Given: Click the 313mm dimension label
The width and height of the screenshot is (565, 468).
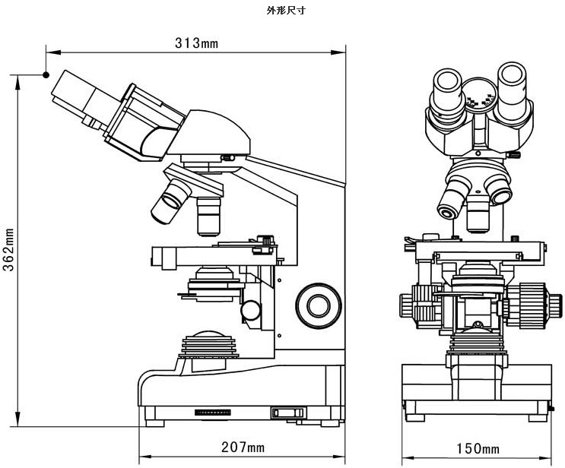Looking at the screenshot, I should coord(196,43).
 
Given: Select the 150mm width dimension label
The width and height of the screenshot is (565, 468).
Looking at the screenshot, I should coord(477,448).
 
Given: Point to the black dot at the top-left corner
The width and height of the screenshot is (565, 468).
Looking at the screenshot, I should coord(46,74).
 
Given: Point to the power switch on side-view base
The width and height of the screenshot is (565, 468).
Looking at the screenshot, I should coord(288,413).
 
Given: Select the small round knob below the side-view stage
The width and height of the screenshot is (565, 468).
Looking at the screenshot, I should coord(250,310).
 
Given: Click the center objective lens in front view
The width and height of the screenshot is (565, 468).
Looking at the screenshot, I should coord(478,215).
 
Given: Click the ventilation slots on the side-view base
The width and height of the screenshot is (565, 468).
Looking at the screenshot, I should coord(213,412).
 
